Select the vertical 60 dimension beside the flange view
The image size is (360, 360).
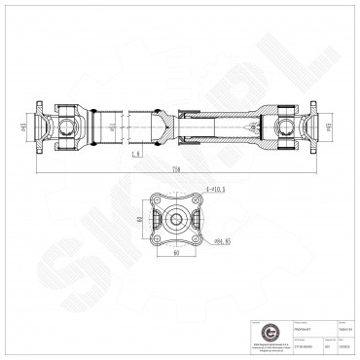click(141, 220)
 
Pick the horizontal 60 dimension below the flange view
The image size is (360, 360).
click(175, 254)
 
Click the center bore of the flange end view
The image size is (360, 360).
click(175, 220)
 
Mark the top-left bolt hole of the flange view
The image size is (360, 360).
click(160, 204)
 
